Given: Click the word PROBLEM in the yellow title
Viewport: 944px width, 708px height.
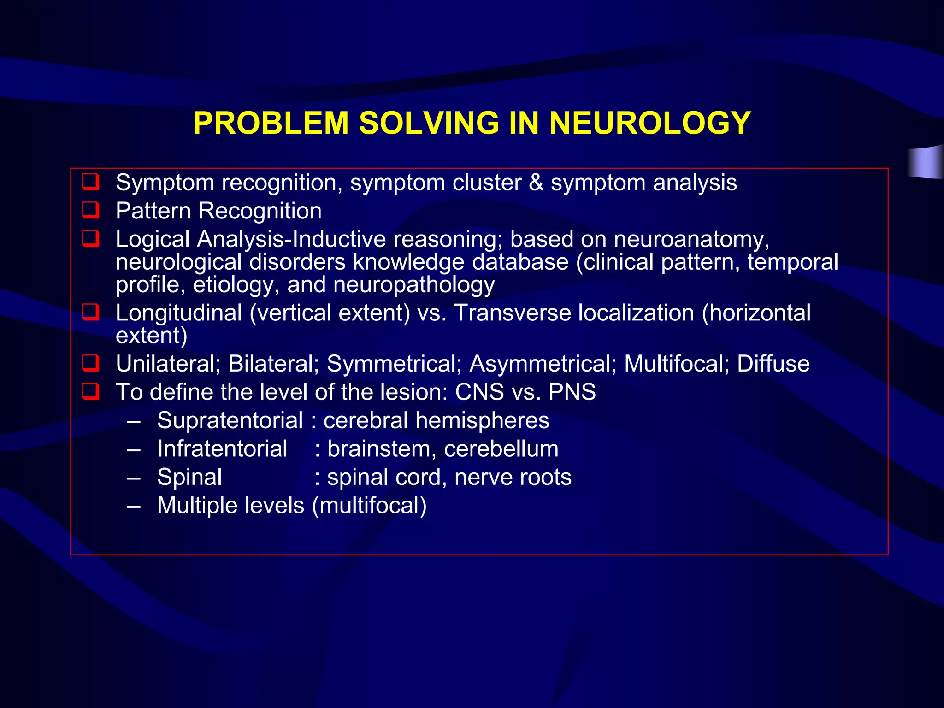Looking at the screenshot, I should (271, 123).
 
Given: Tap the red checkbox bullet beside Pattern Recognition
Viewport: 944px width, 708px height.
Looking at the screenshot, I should (90, 210).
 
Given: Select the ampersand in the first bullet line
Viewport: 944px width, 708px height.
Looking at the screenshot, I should (536, 183).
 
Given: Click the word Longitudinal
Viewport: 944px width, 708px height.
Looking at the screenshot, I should (179, 313).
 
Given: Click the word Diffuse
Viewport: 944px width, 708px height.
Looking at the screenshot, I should (773, 364).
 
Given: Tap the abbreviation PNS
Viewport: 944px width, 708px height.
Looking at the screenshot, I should (572, 392).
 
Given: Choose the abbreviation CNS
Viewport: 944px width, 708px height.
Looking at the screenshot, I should (479, 392).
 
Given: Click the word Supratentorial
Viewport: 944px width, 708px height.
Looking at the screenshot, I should (230, 420).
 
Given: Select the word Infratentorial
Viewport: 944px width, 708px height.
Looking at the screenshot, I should (222, 449).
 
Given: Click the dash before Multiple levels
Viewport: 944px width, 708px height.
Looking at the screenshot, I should (134, 506).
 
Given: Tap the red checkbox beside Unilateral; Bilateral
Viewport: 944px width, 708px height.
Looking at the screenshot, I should (90, 363).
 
